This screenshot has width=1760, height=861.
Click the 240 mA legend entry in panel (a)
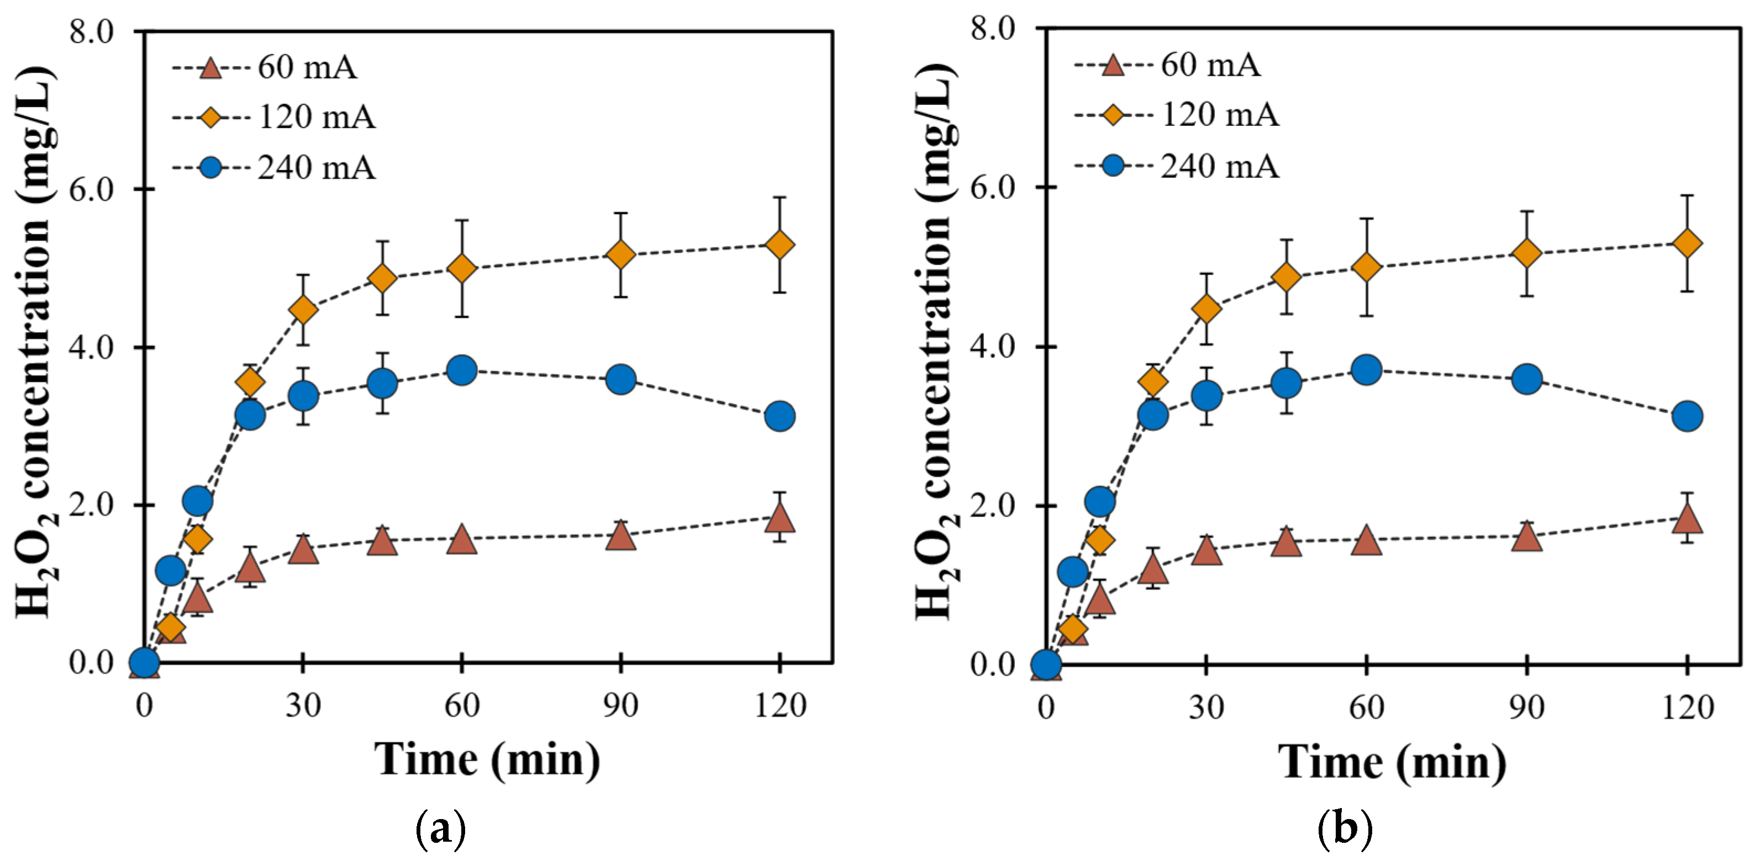[273, 168]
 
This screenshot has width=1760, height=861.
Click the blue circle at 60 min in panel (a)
[462, 370]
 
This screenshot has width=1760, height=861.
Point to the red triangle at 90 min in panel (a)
[621, 536]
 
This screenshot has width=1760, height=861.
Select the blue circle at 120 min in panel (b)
[1688, 416]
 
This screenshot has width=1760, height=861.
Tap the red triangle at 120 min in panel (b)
[1688, 518]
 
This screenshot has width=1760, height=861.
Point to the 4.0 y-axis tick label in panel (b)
[992, 346]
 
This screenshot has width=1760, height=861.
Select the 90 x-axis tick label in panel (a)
[620, 705]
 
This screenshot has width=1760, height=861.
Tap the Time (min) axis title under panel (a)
[487, 760]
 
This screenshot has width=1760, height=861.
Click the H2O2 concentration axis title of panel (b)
[937, 342]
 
